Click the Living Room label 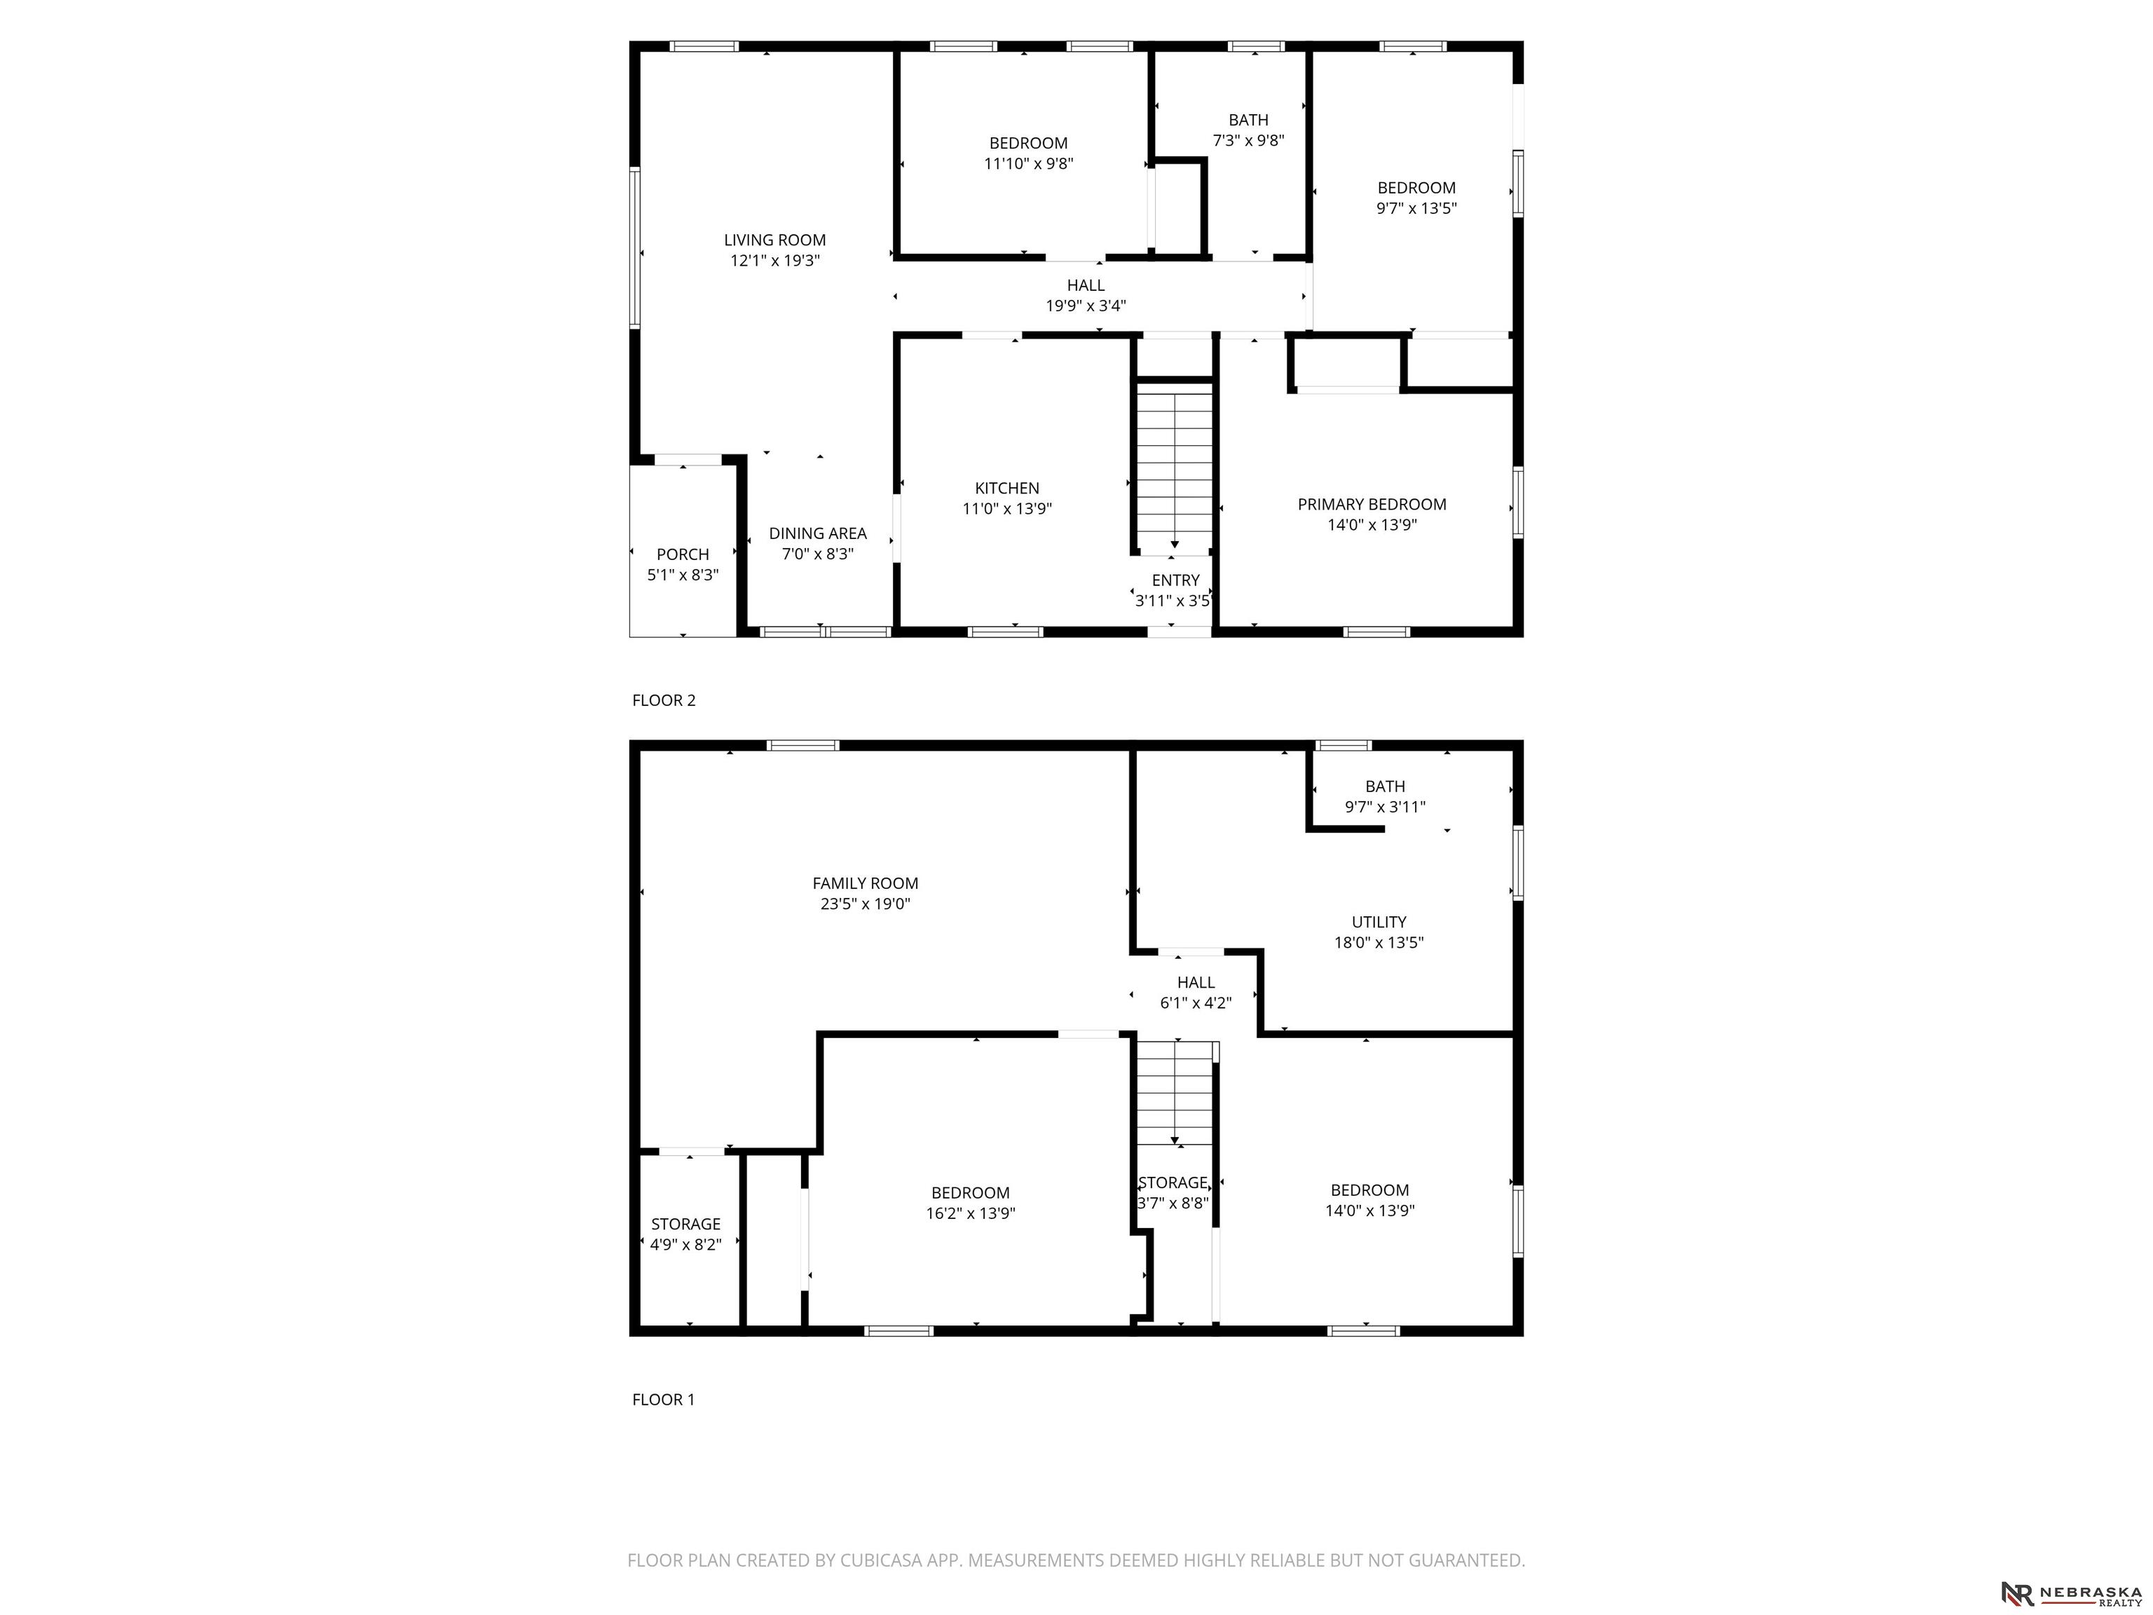(x=774, y=240)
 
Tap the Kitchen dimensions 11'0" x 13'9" (x=1007, y=508)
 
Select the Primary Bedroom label (x=1372, y=504)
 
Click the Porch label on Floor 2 (x=683, y=554)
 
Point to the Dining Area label (x=818, y=533)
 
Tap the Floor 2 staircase (x=1175, y=468)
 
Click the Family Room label (x=866, y=883)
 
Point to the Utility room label (x=1379, y=922)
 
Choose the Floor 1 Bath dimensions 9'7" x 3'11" (x=1385, y=807)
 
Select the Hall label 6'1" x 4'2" (x=1195, y=992)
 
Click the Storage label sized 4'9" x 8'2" (x=685, y=1234)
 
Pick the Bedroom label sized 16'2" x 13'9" (x=971, y=1202)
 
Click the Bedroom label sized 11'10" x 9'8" (x=1028, y=153)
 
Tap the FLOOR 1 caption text (x=664, y=1399)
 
